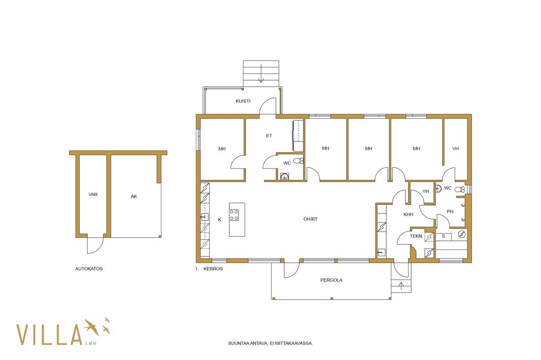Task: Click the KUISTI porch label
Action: pos(243,101)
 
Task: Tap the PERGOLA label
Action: pos(331,280)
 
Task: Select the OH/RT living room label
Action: pos(311,219)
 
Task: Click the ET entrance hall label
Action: pos(269,135)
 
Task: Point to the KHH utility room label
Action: pos(408,214)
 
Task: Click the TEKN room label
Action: pos(416,236)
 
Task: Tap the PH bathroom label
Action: pos(450,211)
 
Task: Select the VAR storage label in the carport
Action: pos(93,195)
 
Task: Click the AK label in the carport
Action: pos(134,196)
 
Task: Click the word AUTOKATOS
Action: pos(89,269)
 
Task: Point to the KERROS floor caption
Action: pos(213,269)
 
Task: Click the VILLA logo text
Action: pos(50,335)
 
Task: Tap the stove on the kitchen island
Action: pos(234,215)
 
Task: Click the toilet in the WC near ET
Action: pos(299,161)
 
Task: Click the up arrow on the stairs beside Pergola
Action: pos(401,286)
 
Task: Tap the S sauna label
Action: pos(444,236)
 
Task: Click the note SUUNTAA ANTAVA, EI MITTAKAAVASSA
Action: pos(270,343)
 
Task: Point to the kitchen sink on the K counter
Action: pos(205,217)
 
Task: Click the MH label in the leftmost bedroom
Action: pos(222,149)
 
